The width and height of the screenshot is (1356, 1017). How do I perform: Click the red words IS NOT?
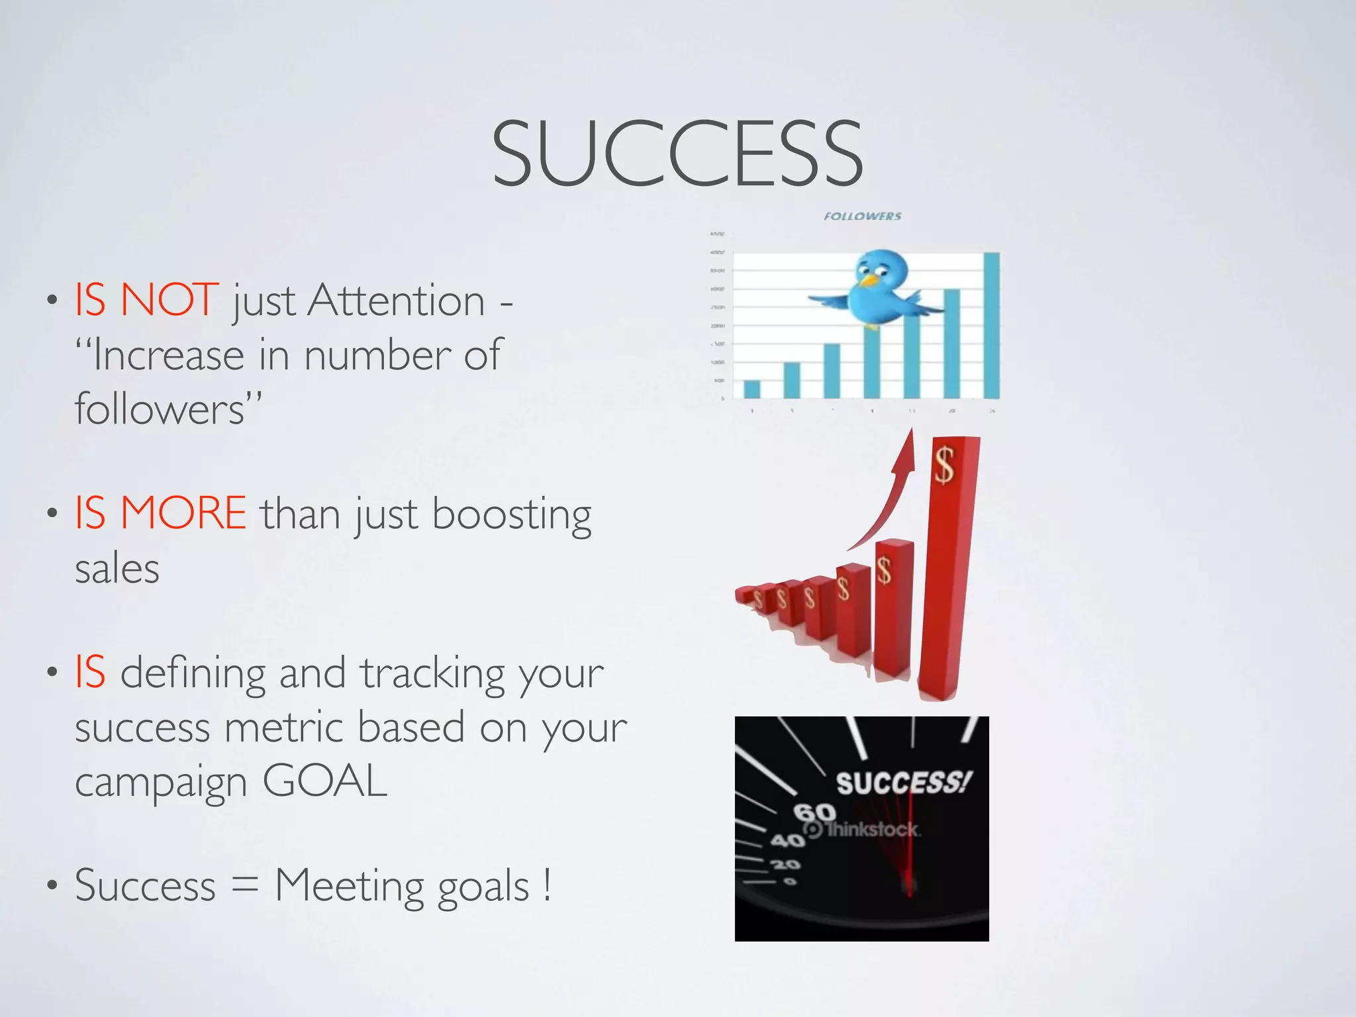click(146, 300)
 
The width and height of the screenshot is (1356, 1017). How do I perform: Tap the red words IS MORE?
click(160, 513)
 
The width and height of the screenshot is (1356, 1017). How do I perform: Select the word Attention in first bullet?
click(397, 301)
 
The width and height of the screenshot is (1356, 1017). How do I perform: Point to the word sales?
click(117, 569)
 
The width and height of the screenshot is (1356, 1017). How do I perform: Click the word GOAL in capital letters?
click(324, 781)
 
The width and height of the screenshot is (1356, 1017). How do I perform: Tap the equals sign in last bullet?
click(245, 886)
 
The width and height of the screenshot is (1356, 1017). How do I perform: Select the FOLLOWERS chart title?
click(862, 217)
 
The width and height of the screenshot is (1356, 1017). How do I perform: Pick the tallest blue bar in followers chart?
click(991, 325)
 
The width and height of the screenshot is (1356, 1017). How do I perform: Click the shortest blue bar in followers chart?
click(752, 389)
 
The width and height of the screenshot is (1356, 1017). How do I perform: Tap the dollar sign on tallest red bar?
click(944, 465)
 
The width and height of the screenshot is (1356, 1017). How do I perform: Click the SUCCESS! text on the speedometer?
click(903, 783)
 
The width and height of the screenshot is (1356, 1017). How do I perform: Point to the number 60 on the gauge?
click(815, 812)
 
